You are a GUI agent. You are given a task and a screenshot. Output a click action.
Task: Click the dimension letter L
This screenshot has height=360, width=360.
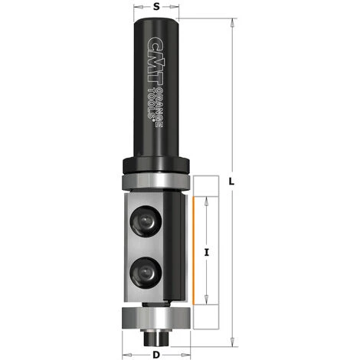coord(231,181)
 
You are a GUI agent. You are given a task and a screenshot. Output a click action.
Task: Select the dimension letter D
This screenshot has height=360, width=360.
coord(155,355)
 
